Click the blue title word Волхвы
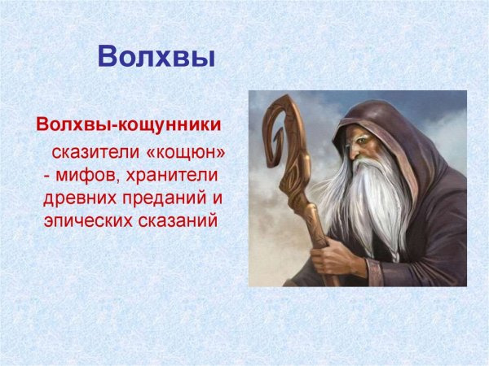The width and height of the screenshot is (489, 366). point(156,55)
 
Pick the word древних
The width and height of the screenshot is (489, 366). point(78,198)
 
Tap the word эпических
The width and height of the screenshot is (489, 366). point(85,220)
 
